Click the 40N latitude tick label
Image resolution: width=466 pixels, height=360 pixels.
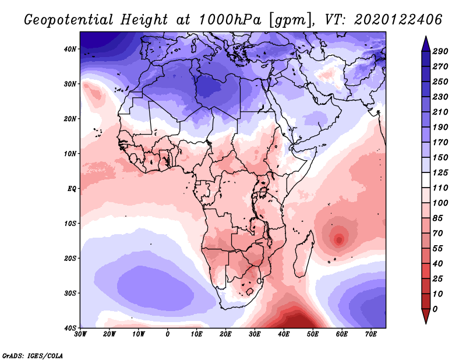(70, 49)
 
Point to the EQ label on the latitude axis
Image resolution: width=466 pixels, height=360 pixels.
(72, 189)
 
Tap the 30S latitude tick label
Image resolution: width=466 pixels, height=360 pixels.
(70, 293)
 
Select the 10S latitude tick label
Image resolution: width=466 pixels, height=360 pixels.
(70, 223)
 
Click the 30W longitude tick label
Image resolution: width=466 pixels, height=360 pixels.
(80, 334)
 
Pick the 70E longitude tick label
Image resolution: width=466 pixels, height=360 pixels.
(370, 334)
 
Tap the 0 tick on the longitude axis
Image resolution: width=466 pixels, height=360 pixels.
(168, 334)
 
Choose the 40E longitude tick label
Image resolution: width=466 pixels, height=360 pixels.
(284, 334)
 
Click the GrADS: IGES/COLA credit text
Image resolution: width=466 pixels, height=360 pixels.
(33, 355)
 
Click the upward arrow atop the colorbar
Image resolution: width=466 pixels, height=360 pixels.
(426, 43)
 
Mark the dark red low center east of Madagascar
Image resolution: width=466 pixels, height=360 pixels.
(339, 239)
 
